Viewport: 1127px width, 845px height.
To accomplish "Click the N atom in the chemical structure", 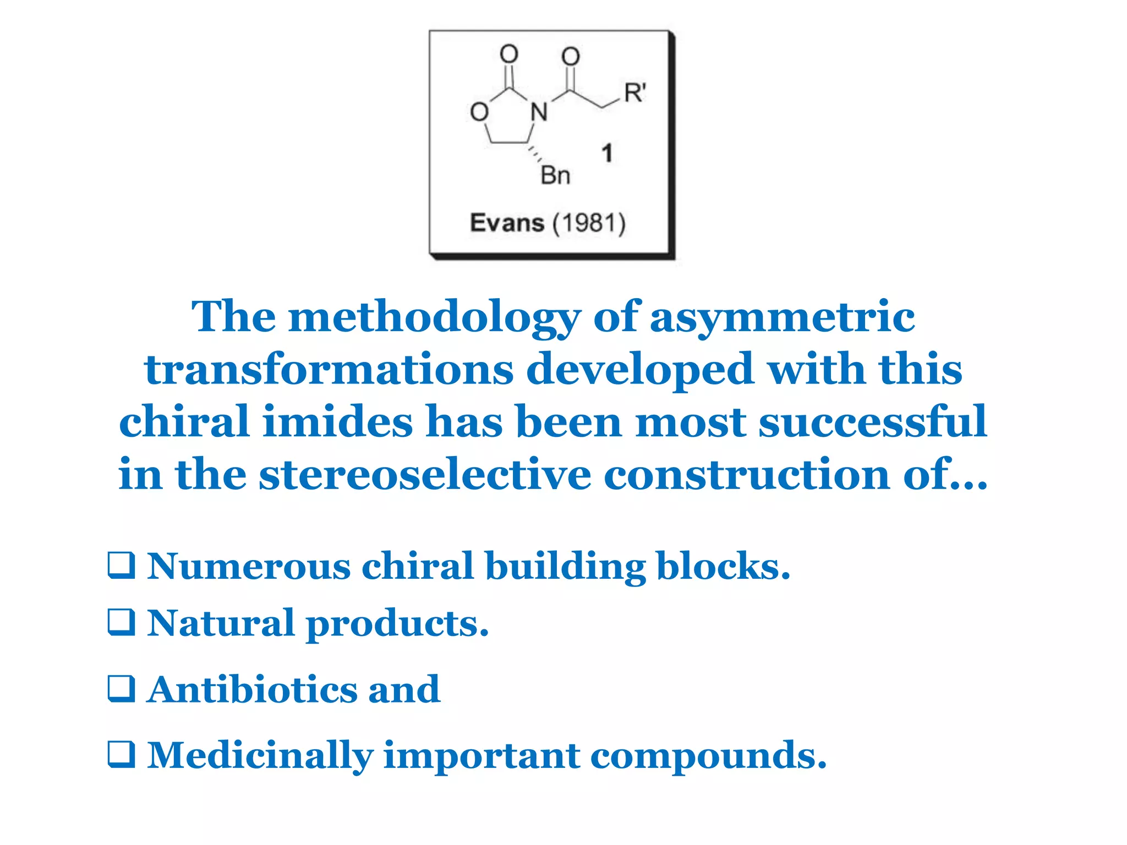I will click(x=539, y=112).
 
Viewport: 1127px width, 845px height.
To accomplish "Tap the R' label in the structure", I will click(x=634, y=93).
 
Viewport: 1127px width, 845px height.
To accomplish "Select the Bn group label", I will click(x=555, y=176).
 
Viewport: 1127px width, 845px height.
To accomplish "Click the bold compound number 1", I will click(x=607, y=153).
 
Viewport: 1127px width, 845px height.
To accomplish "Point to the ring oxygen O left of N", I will click(x=479, y=112).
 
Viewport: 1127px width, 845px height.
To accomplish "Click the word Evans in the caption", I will click(x=507, y=223).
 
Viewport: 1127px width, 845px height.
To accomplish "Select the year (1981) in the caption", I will click(x=589, y=223).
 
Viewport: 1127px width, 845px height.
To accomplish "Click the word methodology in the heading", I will click(x=434, y=317).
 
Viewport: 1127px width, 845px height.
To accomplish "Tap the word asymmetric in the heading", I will click(x=782, y=317).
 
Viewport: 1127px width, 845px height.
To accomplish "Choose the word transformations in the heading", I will click(x=329, y=370).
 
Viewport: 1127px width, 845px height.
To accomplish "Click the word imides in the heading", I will click(x=337, y=422).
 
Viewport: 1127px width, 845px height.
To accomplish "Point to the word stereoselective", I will click(x=424, y=474).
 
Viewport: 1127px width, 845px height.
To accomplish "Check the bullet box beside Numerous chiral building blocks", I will click(x=121, y=566).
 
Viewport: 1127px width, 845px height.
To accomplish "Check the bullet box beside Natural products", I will click(x=121, y=622).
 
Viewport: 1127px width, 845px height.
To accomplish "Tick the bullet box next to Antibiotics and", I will click(x=121, y=689).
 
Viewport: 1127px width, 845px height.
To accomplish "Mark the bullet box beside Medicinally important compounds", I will click(x=121, y=754).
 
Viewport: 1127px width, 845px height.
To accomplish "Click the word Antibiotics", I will click(x=252, y=689).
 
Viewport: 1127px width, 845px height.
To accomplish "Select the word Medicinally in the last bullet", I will click(x=260, y=755).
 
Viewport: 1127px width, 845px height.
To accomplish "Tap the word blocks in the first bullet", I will click(x=723, y=566).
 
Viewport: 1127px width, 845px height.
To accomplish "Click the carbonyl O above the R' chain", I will click(x=571, y=57).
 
